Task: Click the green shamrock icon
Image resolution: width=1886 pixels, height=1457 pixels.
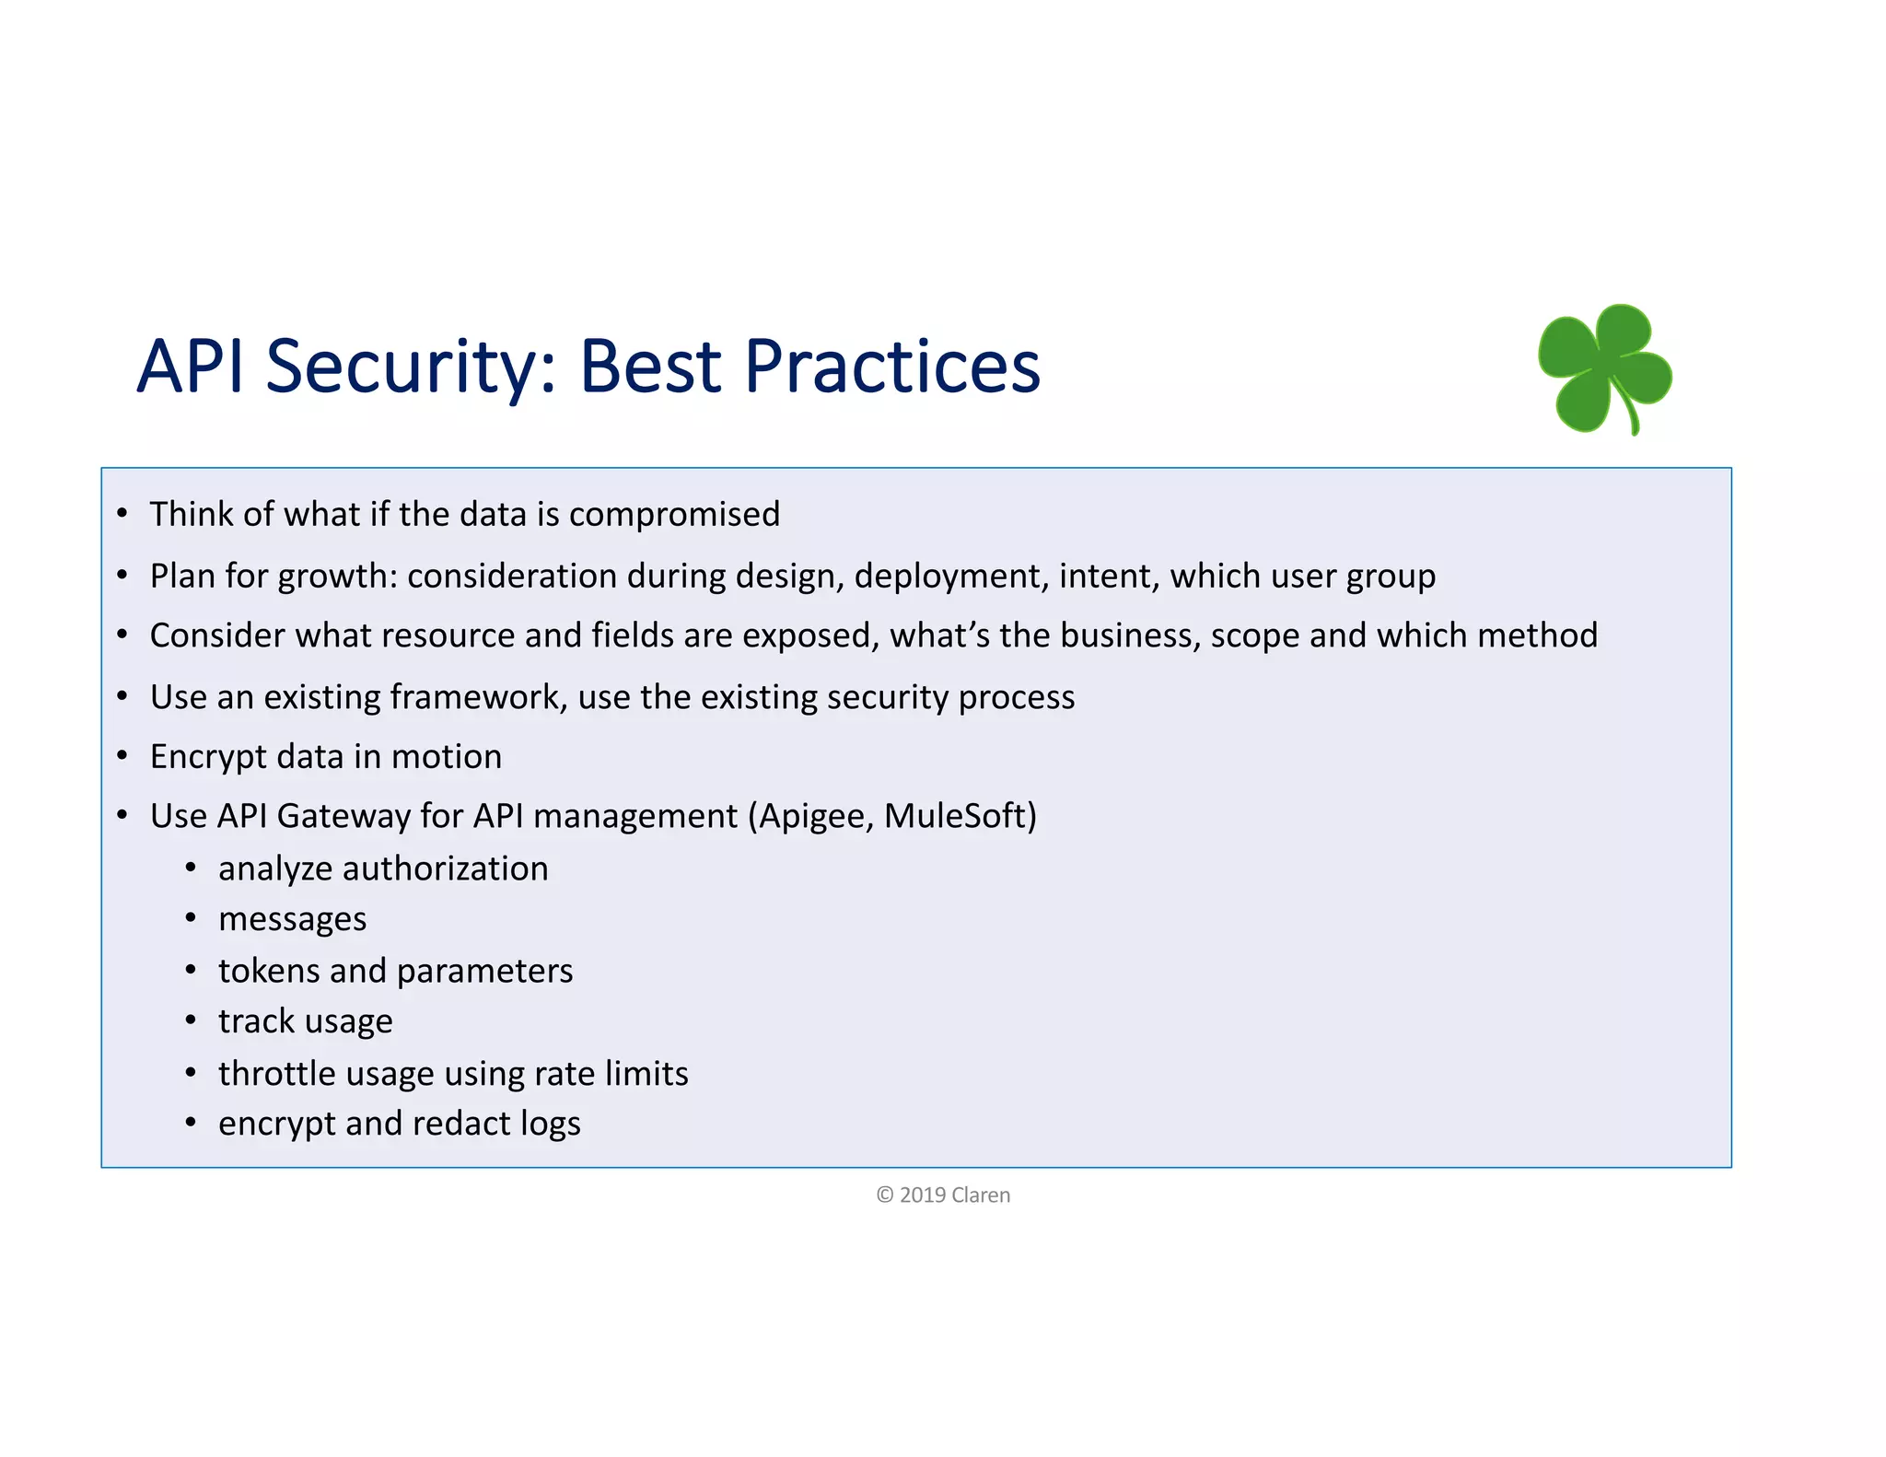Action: pyautogui.click(x=1604, y=368)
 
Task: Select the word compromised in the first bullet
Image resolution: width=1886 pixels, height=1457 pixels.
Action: pyautogui.click(x=674, y=515)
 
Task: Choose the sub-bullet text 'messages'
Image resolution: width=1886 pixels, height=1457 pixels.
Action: pyautogui.click(x=292, y=920)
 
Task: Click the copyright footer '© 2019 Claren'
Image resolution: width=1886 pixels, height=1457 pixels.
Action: pyautogui.click(x=943, y=1195)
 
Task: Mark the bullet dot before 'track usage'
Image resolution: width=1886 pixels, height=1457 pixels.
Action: pyautogui.click(x=191, y=1020)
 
